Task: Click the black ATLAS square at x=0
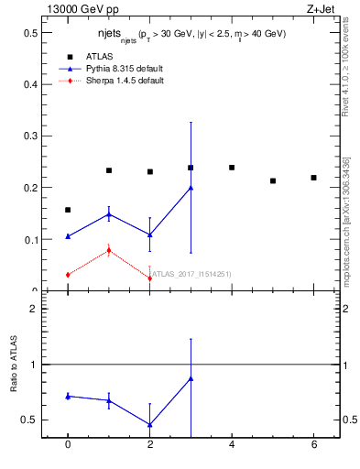(x=68, y=210)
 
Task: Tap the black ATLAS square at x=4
(x=232, y=168)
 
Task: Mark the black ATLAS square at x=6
(x=313, y=178)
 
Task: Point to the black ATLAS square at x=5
(x=273, y=180)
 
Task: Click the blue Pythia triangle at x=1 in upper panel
(x=109, y=214)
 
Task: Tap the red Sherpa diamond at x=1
(x=109, y=250)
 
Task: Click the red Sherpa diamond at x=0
(x=68, y=275)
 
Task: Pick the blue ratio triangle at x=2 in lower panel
(x=149, y=424)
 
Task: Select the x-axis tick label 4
(x=232, y=444)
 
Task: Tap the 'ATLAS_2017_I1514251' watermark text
(x=191, y=273)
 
